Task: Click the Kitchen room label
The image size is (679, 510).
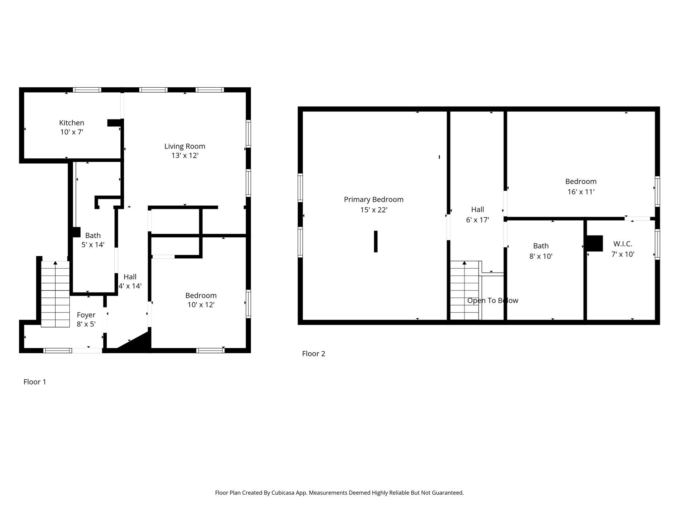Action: point(72,123)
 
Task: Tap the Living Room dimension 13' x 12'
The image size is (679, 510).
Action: point(185,155)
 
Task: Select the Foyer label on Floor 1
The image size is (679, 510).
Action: point(86,315)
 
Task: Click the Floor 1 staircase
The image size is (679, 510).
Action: point(55,294)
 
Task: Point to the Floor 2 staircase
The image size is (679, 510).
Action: point(464,291)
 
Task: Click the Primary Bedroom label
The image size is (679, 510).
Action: point(374,200)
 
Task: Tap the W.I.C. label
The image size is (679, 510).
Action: point(623,244)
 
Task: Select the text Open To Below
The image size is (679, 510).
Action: point(492,300)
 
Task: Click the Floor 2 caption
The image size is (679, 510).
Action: point(313,354)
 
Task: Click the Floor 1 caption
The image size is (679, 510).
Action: point(34,382)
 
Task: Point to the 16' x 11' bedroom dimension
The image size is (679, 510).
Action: point(581,192)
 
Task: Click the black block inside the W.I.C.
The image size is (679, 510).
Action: point(595,243)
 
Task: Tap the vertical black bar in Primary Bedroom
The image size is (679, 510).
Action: point(376,241)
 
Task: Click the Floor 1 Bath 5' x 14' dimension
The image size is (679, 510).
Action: point(93,245)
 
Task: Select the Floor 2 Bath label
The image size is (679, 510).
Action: point(541,246)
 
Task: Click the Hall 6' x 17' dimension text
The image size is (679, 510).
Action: point(477,220)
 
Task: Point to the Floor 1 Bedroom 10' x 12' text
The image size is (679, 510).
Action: point(201,304)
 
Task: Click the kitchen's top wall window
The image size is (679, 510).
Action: point(87,90)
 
